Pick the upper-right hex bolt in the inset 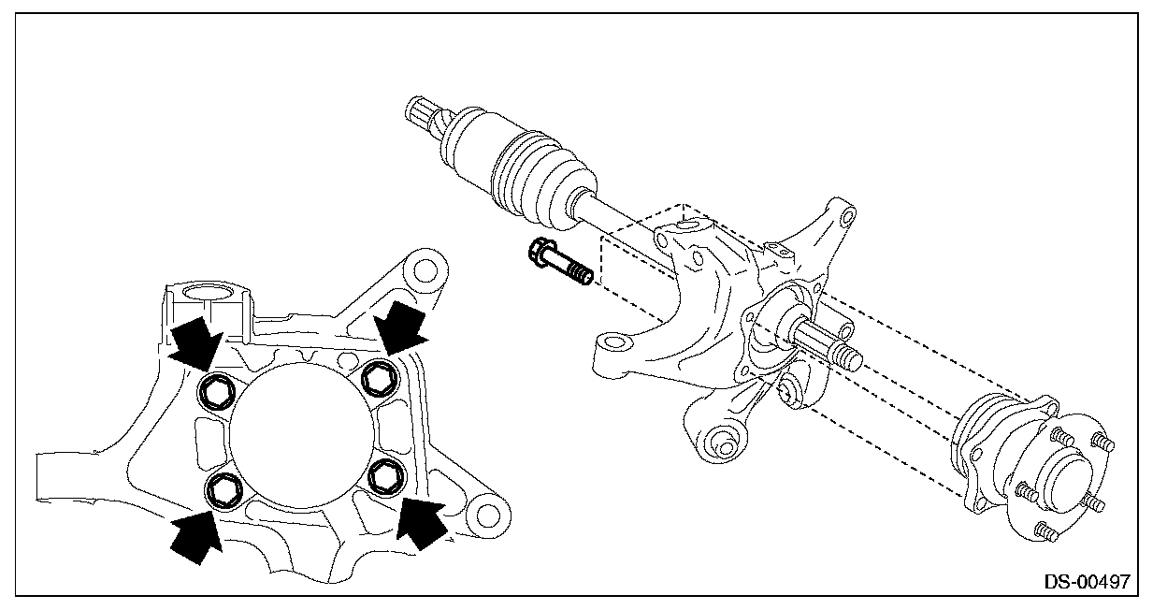coord(380,377)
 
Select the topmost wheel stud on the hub coord(1061,434)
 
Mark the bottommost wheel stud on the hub coord(1047,533)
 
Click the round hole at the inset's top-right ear coord(425,269)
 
